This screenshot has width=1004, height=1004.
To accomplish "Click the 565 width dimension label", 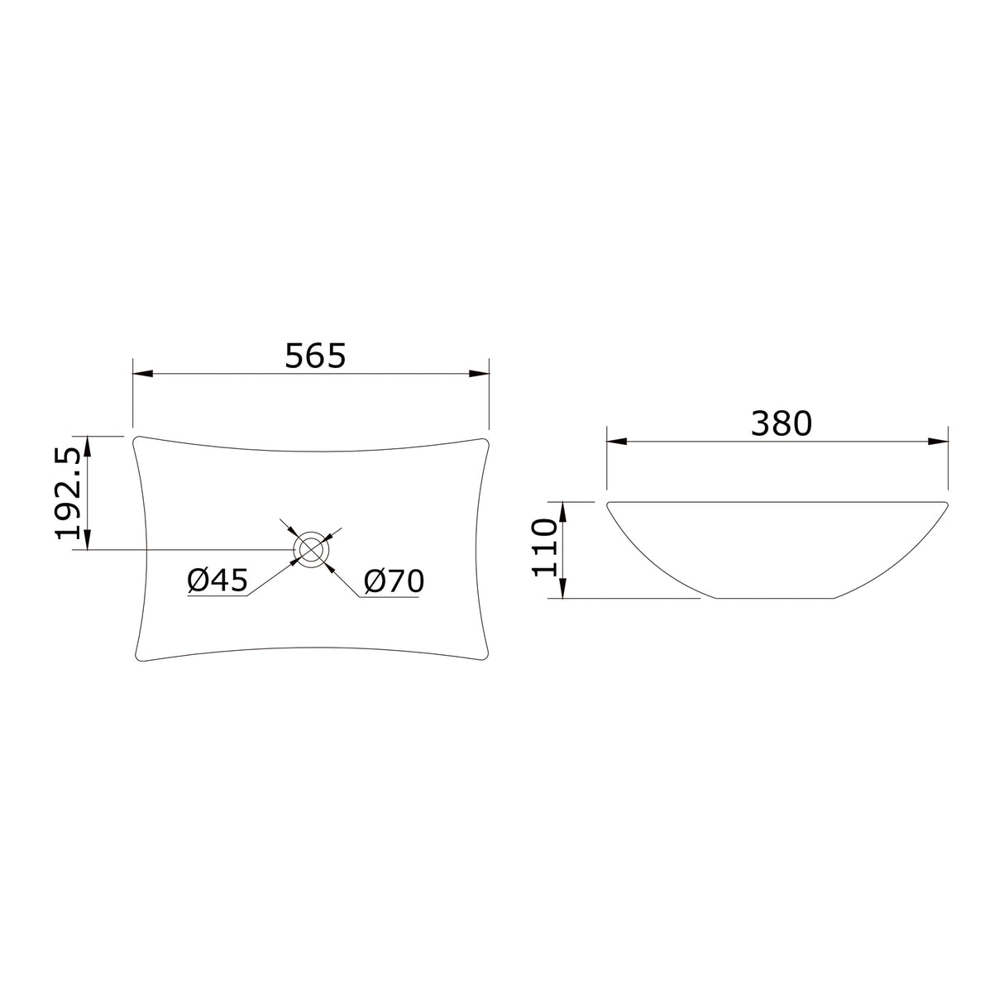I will point(314,356).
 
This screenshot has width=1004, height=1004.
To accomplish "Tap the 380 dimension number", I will point(781,423).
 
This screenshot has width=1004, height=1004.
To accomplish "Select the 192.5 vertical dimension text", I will point(69,494).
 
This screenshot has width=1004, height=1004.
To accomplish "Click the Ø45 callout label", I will point(218,581).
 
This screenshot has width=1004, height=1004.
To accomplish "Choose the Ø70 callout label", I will point(394,581).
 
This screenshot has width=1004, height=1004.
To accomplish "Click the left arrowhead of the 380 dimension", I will point(616,442).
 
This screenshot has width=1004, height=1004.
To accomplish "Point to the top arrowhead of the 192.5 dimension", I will point(88,444).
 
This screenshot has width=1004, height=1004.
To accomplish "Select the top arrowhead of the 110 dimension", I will point(562,510).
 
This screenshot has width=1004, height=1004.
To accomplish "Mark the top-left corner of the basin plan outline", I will point(137,438).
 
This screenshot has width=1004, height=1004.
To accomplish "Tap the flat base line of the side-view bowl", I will point(774,597).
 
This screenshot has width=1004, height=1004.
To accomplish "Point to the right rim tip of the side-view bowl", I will point(945,504).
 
